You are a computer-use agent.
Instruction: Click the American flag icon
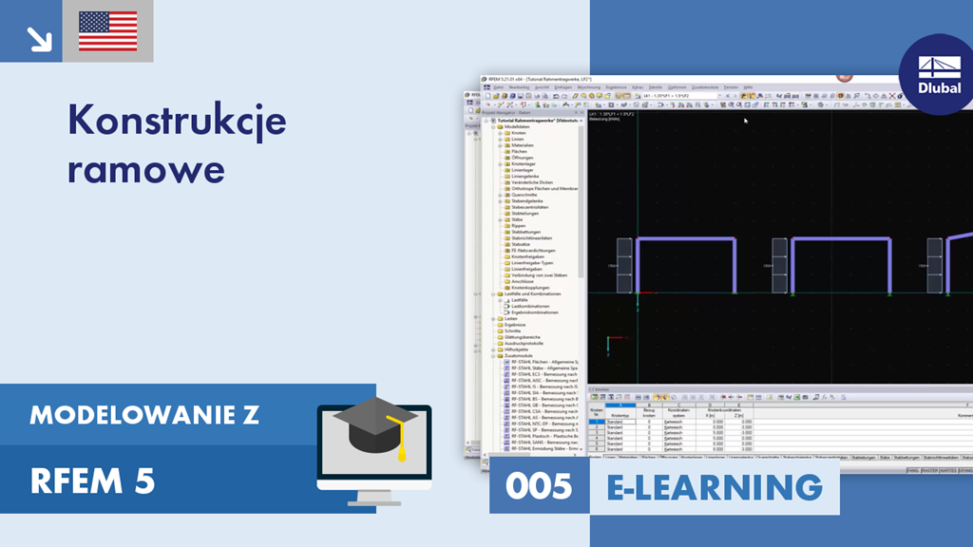tap(107, 31)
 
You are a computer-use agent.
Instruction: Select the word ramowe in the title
tap(146, 169)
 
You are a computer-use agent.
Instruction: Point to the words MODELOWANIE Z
tap(144, 415)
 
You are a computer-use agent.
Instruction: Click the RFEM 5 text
tap(92, 481)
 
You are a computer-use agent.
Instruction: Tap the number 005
tap(539, 486)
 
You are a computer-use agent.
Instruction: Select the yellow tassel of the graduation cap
tap(401, 443)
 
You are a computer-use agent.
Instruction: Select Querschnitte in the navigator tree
tap(524, 195)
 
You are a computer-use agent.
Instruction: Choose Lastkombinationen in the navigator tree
tap(530, 306)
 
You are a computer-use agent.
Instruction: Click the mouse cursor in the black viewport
tap(745, 121)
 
